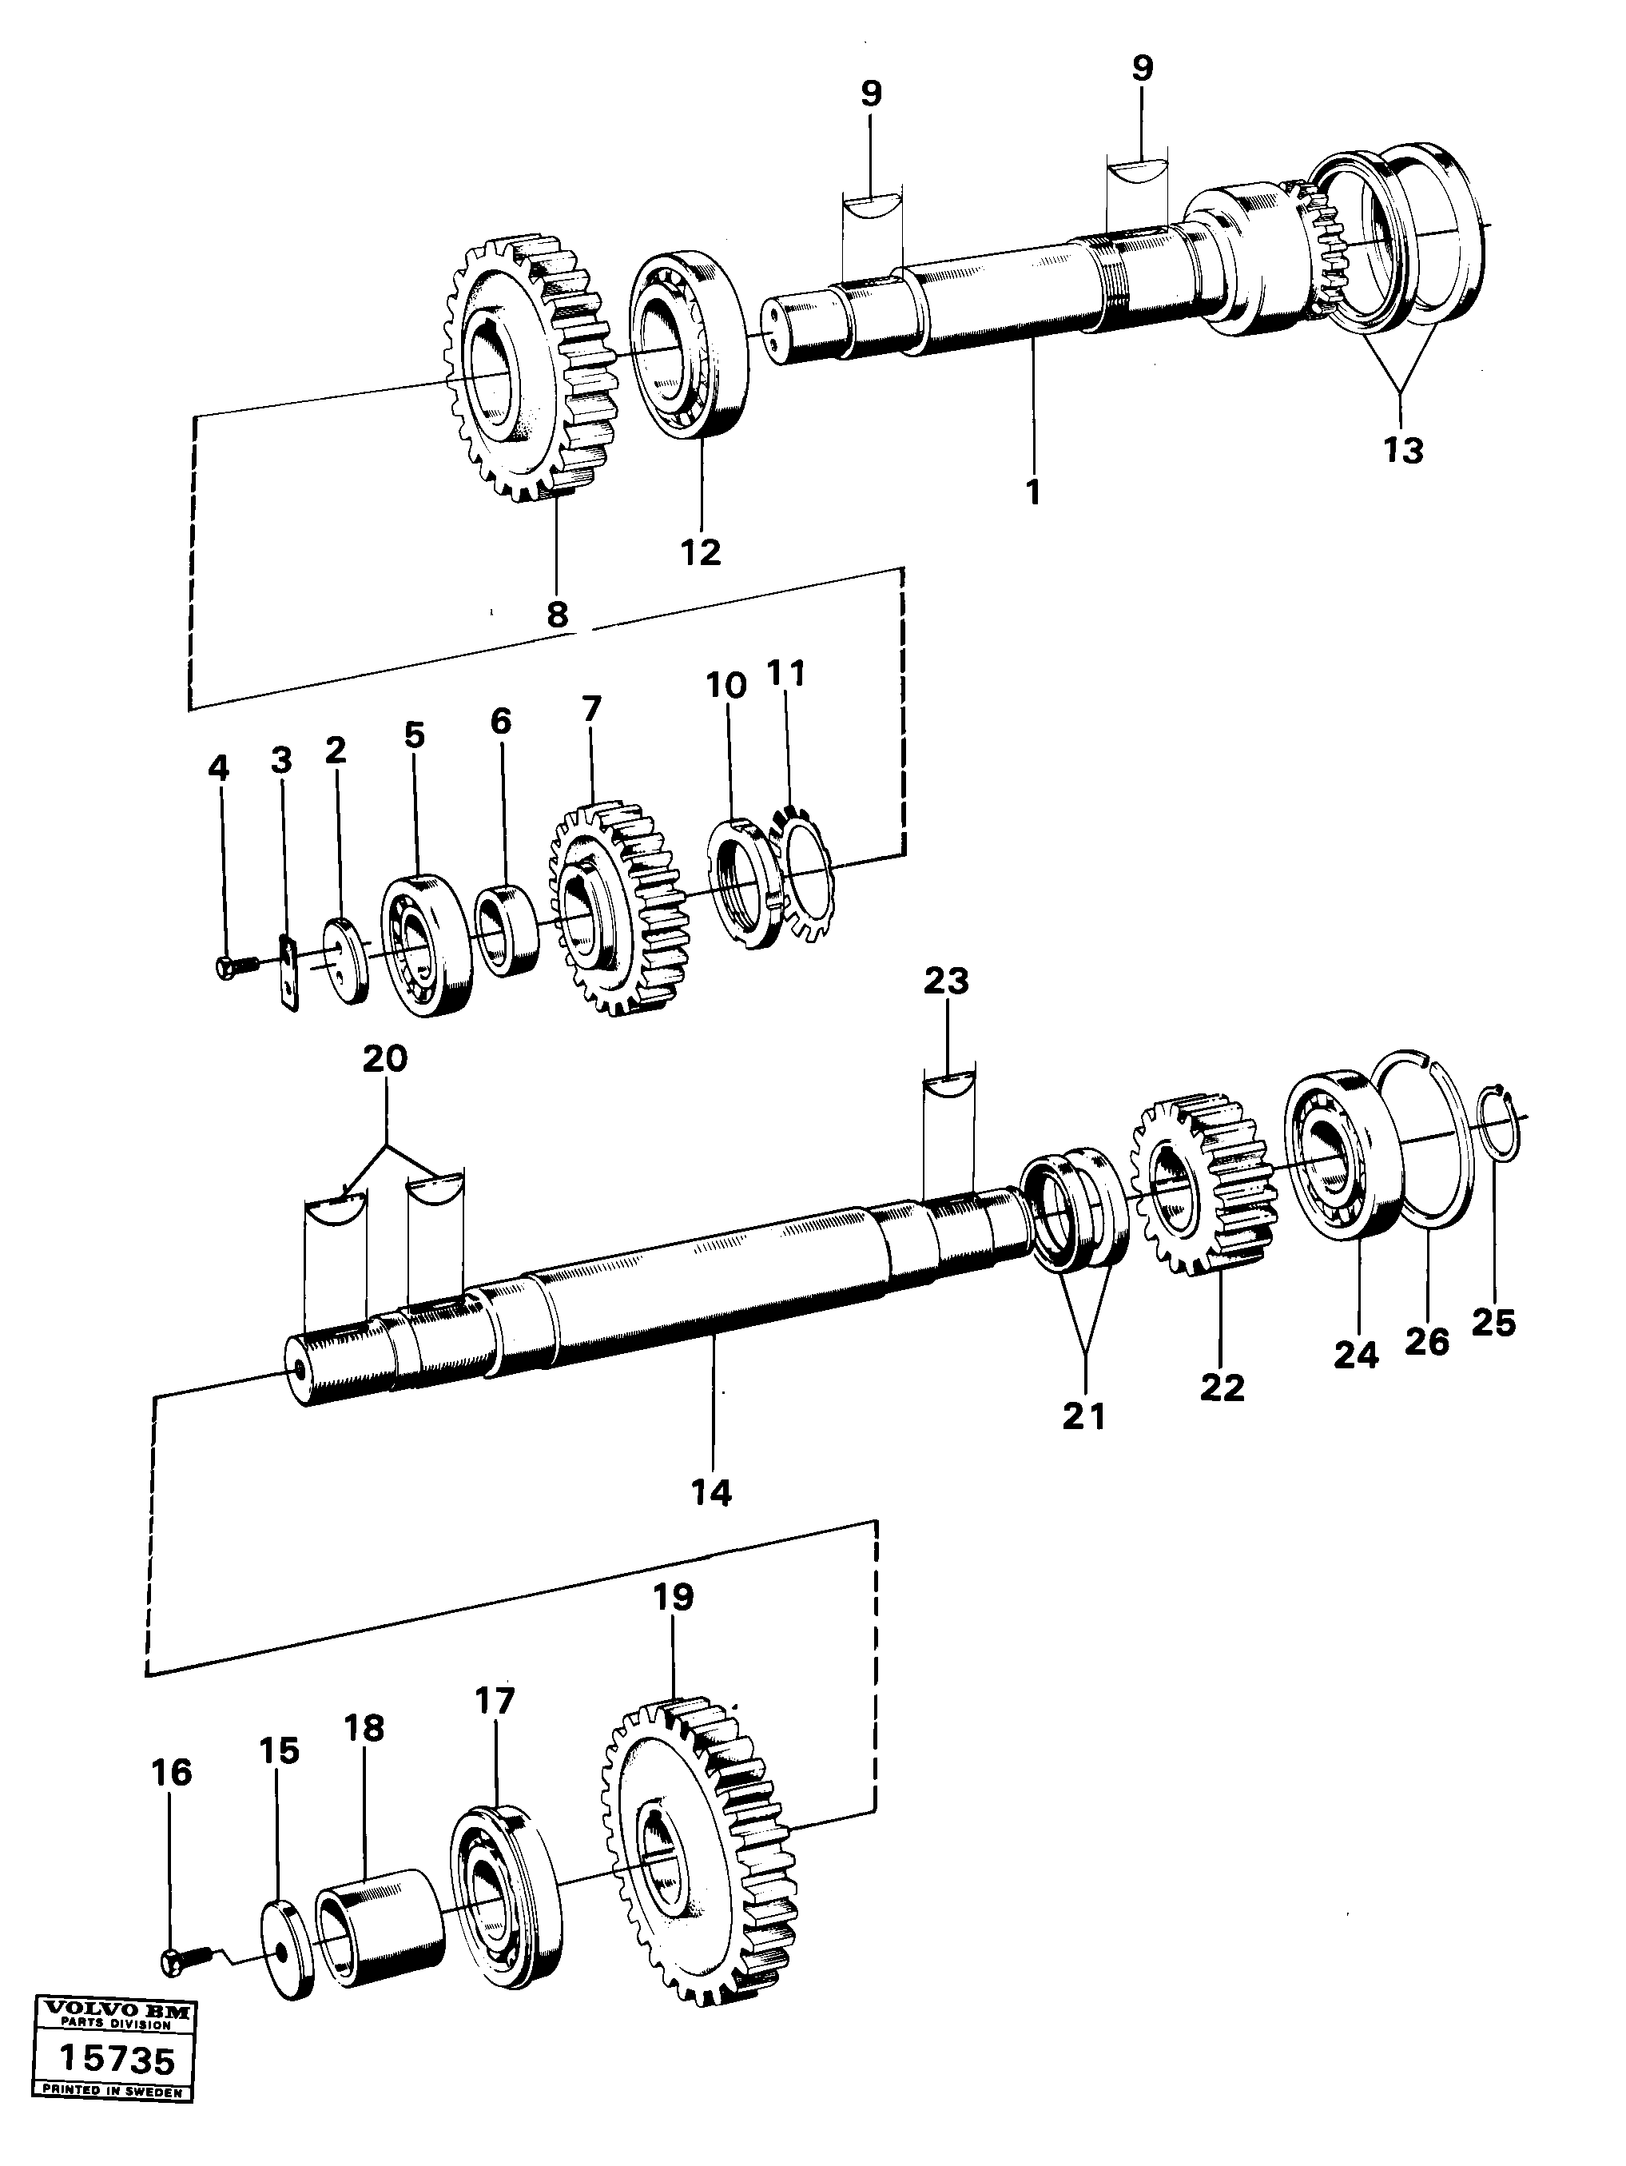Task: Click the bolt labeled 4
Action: coord(232,965)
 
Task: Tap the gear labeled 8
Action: coord(523,367)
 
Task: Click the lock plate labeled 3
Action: coord(287,970)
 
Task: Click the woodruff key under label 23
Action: coord(948,1082)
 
